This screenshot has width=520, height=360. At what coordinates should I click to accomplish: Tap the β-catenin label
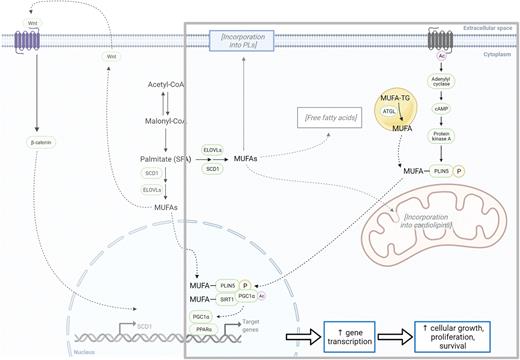pos(36,143)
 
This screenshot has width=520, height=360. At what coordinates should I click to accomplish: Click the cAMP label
pos(441,112)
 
